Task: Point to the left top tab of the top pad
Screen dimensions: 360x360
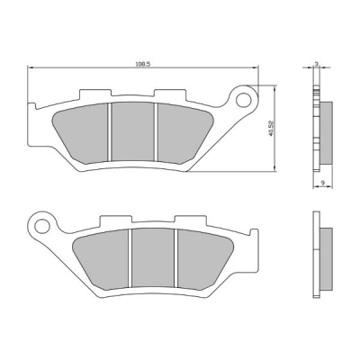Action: click(94, 93)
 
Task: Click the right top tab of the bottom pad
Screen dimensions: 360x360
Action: click(186, 220)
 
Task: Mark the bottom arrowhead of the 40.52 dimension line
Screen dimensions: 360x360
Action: click(274, 167)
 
